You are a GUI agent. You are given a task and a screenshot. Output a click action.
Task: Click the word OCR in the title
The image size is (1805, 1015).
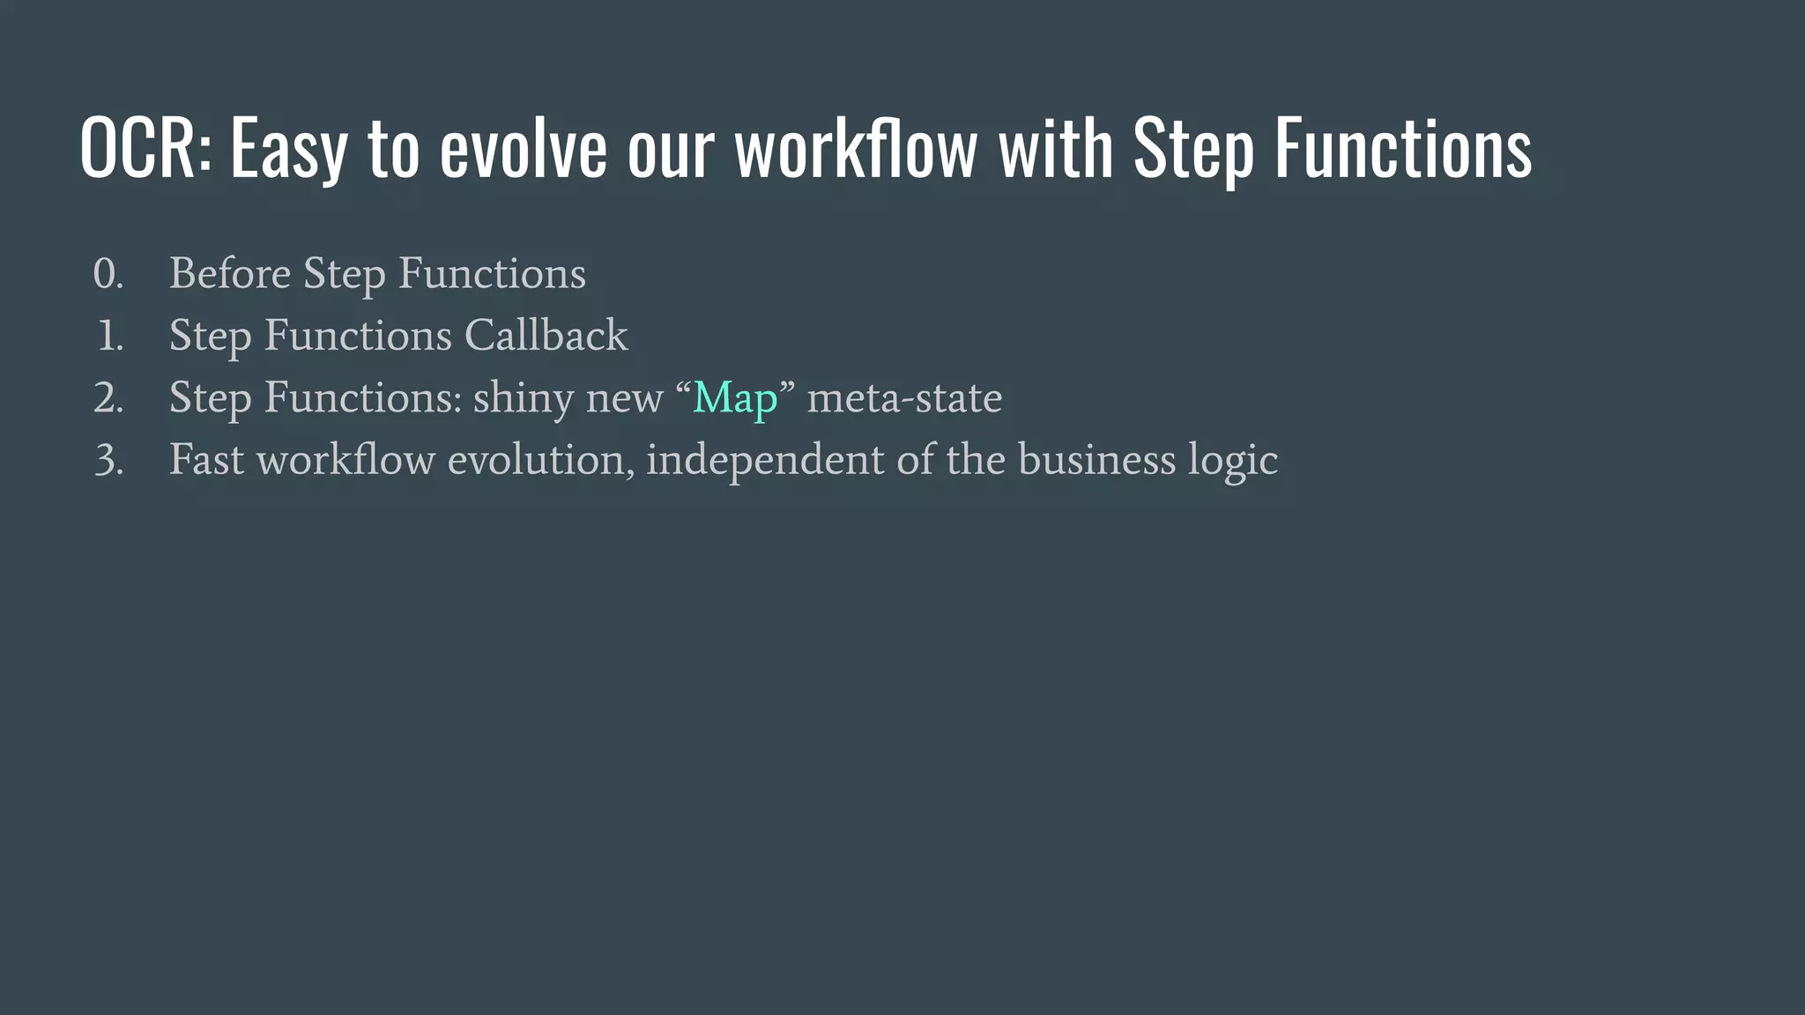tap(145, 148)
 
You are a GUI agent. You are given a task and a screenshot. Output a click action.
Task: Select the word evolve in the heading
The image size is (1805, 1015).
tap(524, 148)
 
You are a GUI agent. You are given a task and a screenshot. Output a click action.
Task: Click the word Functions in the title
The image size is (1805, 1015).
tap(1403, 148)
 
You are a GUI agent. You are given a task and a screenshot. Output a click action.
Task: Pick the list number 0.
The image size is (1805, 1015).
tap(108, 274)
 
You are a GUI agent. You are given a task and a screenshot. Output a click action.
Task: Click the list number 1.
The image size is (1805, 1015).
tap(110, 336)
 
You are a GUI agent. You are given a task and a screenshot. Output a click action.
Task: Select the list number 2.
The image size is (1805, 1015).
tap(108, 398)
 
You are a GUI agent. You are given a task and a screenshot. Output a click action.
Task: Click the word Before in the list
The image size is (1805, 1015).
tap(229, 273)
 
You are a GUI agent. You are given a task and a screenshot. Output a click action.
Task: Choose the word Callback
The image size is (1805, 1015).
tap(546, 336)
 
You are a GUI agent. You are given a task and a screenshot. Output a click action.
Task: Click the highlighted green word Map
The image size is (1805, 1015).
tap(735, 398)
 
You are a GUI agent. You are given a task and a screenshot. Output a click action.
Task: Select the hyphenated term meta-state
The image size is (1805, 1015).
tap(904, 398)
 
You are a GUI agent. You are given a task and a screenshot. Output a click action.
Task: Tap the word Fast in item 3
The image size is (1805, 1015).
tap(206, 460)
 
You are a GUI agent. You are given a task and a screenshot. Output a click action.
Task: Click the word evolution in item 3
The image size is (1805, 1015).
tap(540, 460)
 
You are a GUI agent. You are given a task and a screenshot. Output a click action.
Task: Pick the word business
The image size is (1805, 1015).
tap(1096, 460)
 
